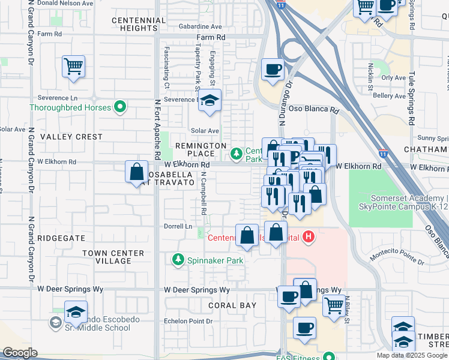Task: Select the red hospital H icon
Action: point(309,238)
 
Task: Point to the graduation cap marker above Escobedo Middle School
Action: point(76,313)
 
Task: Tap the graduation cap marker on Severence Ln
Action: point(209,100)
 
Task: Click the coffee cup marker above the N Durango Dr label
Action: point(273,70)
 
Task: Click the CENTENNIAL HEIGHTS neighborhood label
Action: point(139,24)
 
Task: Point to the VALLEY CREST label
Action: point(71,137)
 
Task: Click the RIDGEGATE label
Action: point(61,238)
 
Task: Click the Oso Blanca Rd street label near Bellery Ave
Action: point(313,111)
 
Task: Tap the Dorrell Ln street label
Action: point(178,227)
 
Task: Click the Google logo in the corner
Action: point(20,353)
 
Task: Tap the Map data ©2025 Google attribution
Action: point(411,355)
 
